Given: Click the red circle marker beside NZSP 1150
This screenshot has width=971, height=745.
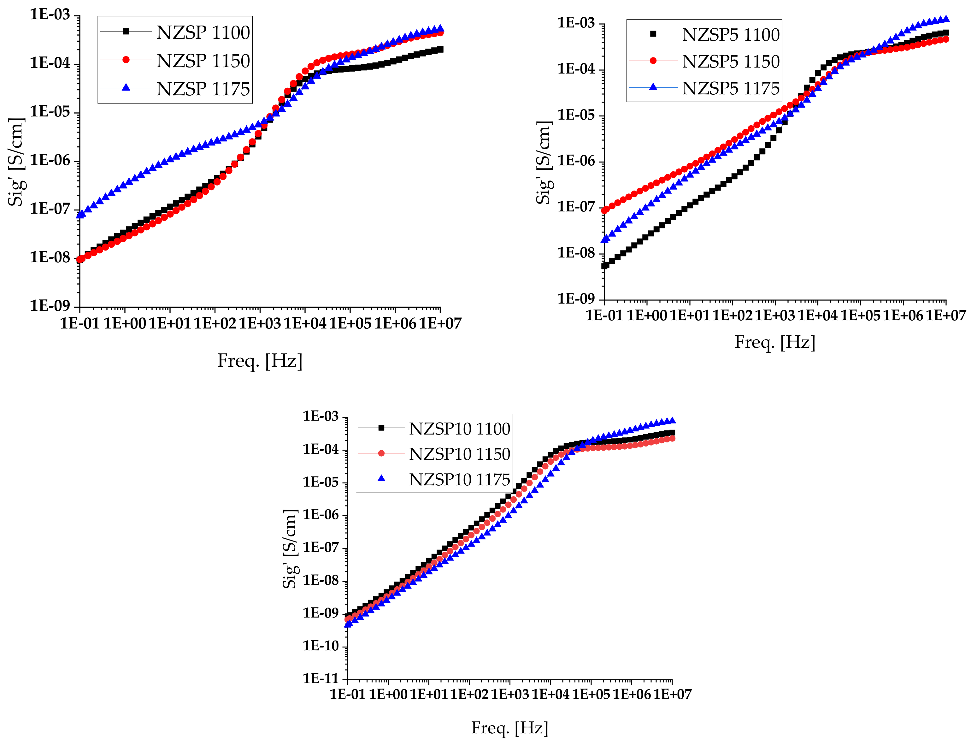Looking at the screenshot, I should (126, 60).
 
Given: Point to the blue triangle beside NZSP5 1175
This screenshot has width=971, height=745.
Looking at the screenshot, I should (653, 87).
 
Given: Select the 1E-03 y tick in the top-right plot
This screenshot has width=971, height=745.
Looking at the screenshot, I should (575, 23).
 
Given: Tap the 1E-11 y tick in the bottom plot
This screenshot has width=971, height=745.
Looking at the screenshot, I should (320, 678).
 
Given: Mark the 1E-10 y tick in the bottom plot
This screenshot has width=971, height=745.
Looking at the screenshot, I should (320, 646).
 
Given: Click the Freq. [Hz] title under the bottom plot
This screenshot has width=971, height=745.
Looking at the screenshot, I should (509, 728).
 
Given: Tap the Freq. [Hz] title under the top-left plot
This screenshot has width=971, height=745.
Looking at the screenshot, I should (260, 361).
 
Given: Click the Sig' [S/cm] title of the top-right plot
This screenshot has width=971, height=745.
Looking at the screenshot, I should (544, 162).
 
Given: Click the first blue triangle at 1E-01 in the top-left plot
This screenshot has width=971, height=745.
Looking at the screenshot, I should (80, 215).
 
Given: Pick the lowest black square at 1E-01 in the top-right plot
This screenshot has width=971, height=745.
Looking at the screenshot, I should (604, 266).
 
